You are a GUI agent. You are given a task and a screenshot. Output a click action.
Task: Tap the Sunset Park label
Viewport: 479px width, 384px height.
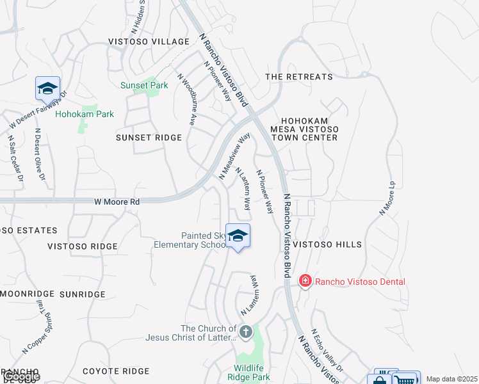click(x=144, y=85)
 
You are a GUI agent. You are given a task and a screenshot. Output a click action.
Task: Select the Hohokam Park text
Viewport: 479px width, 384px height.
click(x=85, y=115)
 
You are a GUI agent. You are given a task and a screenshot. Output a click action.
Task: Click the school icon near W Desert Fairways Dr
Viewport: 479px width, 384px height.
click(x=47, y=88)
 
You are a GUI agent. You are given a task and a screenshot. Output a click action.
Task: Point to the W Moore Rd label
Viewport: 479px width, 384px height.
click(x=117, y=202)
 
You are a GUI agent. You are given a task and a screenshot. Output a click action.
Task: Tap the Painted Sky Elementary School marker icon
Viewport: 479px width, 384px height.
click(x=238, y=236)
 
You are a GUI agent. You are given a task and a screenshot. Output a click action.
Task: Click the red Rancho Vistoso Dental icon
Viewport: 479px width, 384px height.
click(x=305, y=281)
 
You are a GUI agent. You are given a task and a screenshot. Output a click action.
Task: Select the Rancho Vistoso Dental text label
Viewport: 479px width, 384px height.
click(x=361, y=282)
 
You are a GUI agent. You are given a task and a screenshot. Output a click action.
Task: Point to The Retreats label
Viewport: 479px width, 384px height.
click(x=299, y=77)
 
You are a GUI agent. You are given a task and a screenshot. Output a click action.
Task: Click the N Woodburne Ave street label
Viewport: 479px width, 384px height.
click(x=186, y=99)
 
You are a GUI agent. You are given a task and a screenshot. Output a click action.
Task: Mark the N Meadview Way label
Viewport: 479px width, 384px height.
click(x=234, y=156)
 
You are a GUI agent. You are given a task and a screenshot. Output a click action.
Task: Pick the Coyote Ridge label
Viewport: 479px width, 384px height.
click(x=115, y=371)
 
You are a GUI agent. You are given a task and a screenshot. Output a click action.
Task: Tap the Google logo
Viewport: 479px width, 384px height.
click(x=20, y=376)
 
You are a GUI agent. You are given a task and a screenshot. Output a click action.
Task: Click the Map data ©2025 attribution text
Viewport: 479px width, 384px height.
click(x=451, y=379)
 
